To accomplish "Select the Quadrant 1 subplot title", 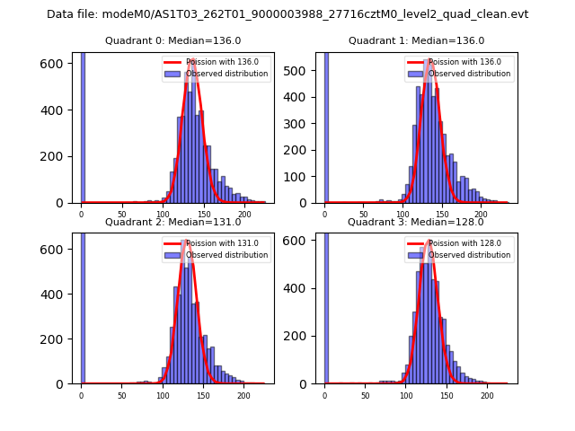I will tap(416, 40).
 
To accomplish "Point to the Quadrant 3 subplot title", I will tap(416, 222).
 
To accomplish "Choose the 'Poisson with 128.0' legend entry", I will tap(464, 243).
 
